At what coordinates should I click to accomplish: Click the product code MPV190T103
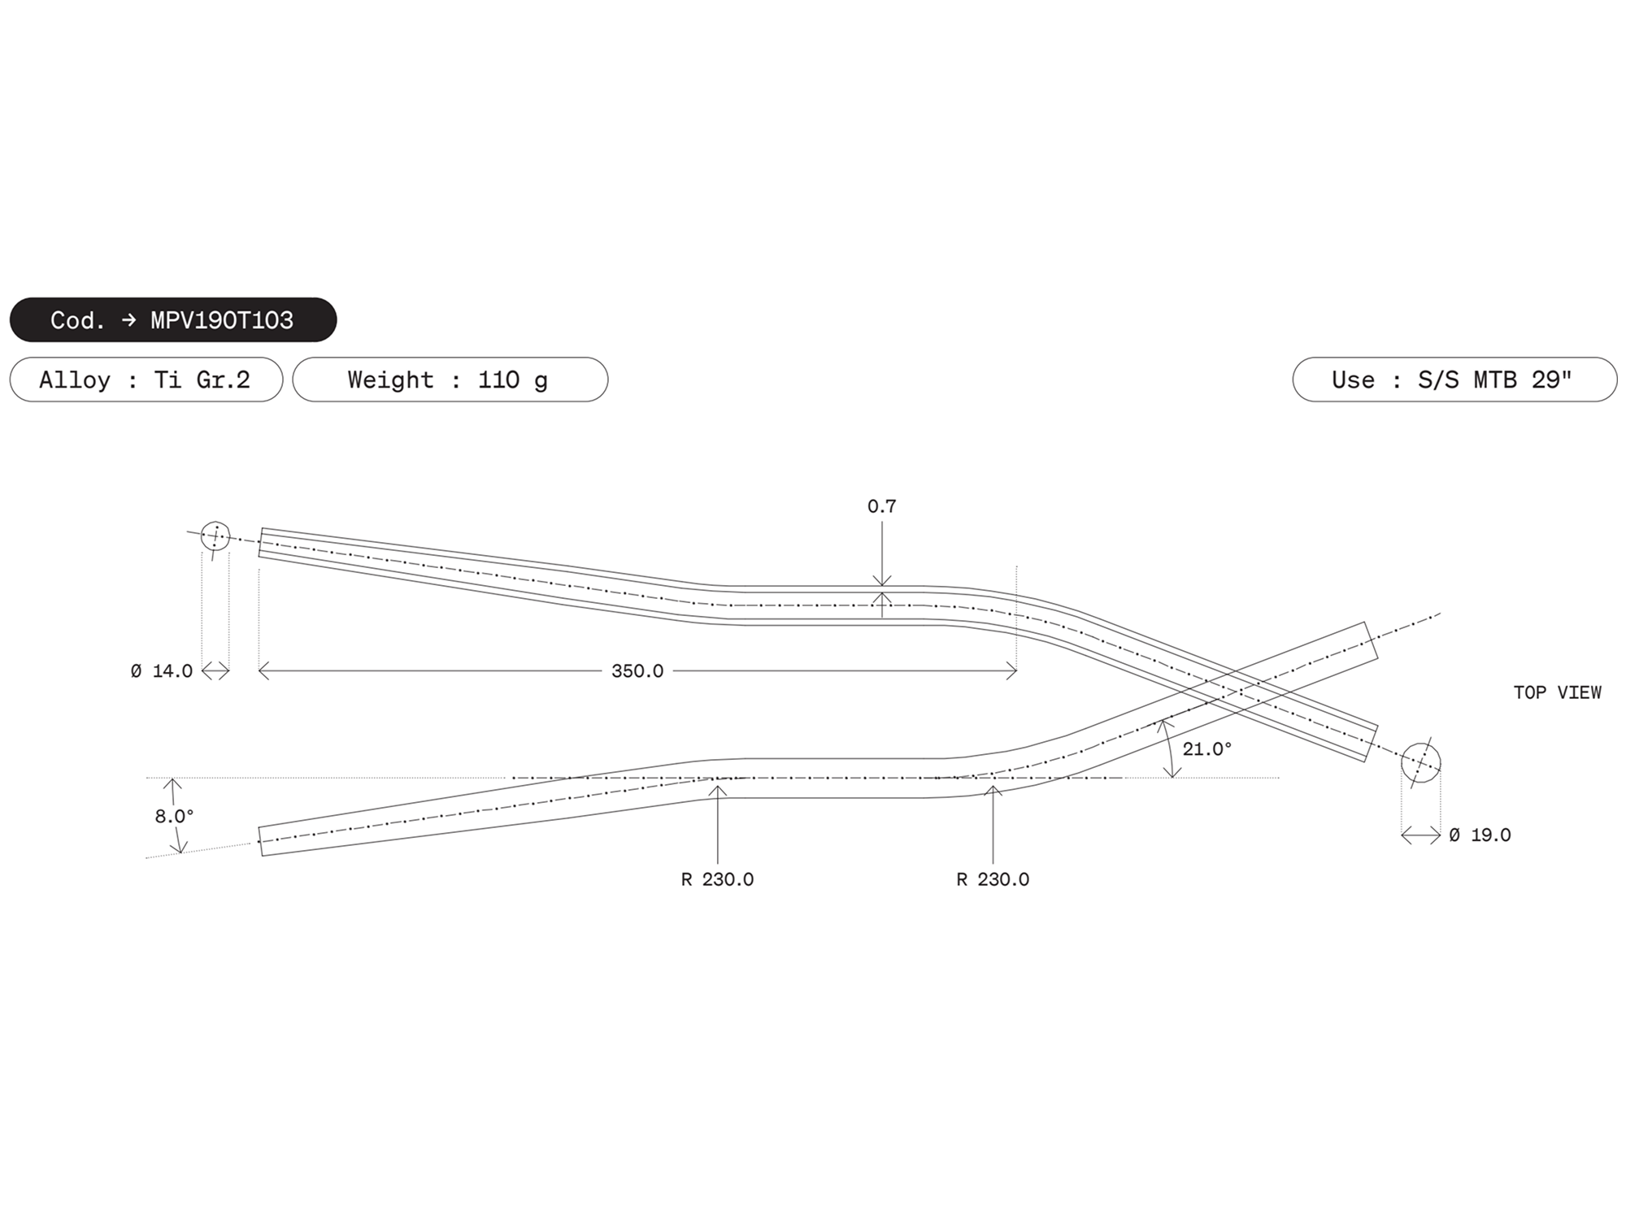click(222, 320)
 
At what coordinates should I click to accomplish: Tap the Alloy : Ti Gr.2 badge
click(146, 380)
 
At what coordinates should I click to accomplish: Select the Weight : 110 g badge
click(450, 380)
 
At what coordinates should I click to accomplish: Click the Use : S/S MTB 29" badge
click(1454, 380)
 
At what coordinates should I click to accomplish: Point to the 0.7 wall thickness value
click(881, 506)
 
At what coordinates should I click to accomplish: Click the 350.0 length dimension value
click(637, 671)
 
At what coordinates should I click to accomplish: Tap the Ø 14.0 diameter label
click(162, 671)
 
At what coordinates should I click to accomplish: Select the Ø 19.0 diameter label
click(1480, 835)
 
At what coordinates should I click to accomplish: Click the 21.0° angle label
click(1207, 749)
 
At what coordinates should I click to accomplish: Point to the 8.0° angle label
click(175, 816)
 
